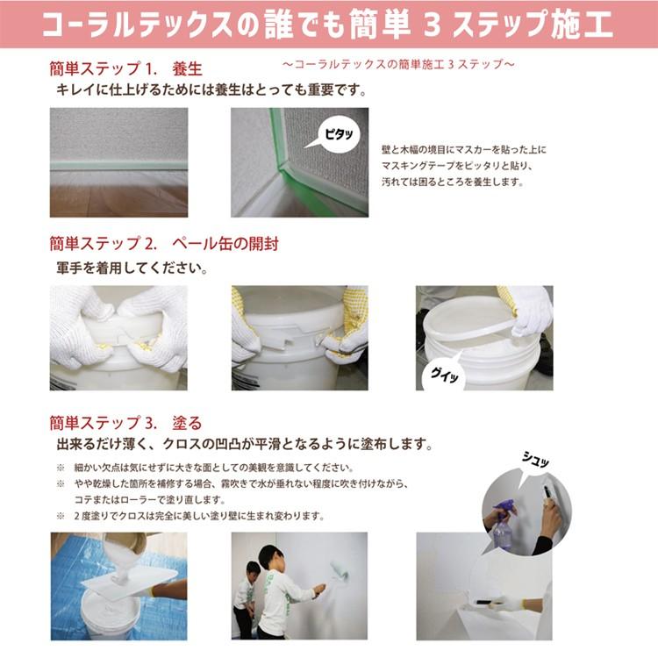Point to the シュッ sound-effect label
[535, 460]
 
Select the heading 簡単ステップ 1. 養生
[125, 68]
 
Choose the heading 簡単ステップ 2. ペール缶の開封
[164, 243]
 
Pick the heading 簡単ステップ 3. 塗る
[125, 423]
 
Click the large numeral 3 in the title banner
[432, 24]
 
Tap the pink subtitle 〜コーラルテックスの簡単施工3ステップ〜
[398, 64]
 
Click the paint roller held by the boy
[337, 573]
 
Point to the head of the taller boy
[271, 557]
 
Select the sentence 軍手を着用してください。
[132, 268]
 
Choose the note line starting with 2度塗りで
[199, 516]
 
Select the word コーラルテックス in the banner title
[138, 25]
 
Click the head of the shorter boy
[254, 571]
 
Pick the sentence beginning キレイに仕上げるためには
[211, 89]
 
